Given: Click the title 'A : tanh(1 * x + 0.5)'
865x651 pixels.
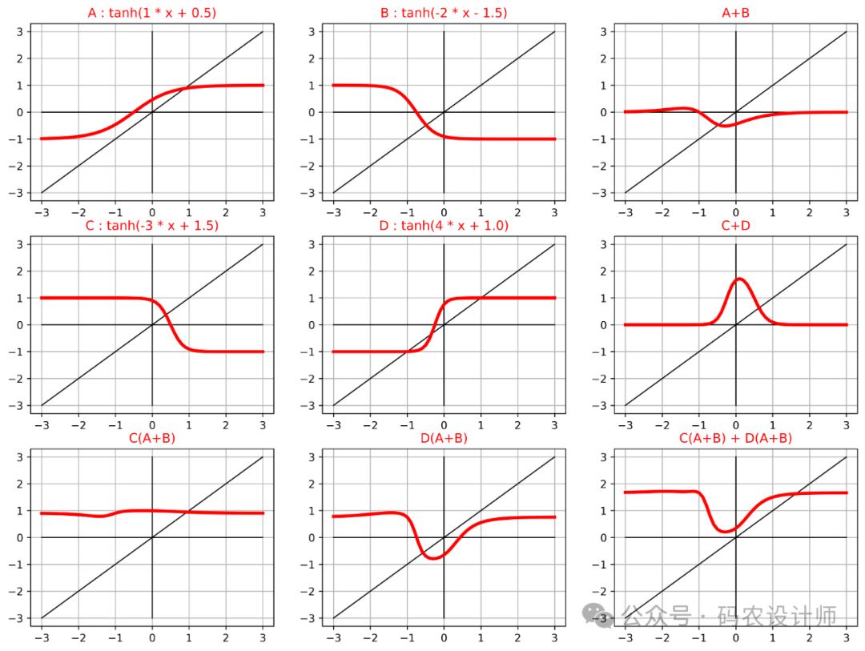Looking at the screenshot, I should [x=151, y=13].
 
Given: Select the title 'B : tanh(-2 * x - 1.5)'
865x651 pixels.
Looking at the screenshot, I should [x=444, y=13].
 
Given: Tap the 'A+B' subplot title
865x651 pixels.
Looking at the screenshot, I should [x=735, y=13].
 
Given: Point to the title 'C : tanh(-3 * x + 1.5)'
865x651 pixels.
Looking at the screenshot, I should [x=151, y=226].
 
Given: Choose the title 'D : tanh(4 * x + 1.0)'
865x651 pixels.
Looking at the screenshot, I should [x=444, y=226].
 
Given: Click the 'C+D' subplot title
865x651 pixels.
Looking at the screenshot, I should [x=735, y=226].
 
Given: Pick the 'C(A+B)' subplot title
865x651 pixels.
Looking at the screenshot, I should [x=151, y=438].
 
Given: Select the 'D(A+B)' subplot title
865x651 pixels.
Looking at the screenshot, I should [x=444, y=438].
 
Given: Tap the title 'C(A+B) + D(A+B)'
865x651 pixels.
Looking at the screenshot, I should [x=735, y=438].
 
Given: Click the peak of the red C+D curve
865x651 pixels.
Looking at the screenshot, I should [x=739, y=279].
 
